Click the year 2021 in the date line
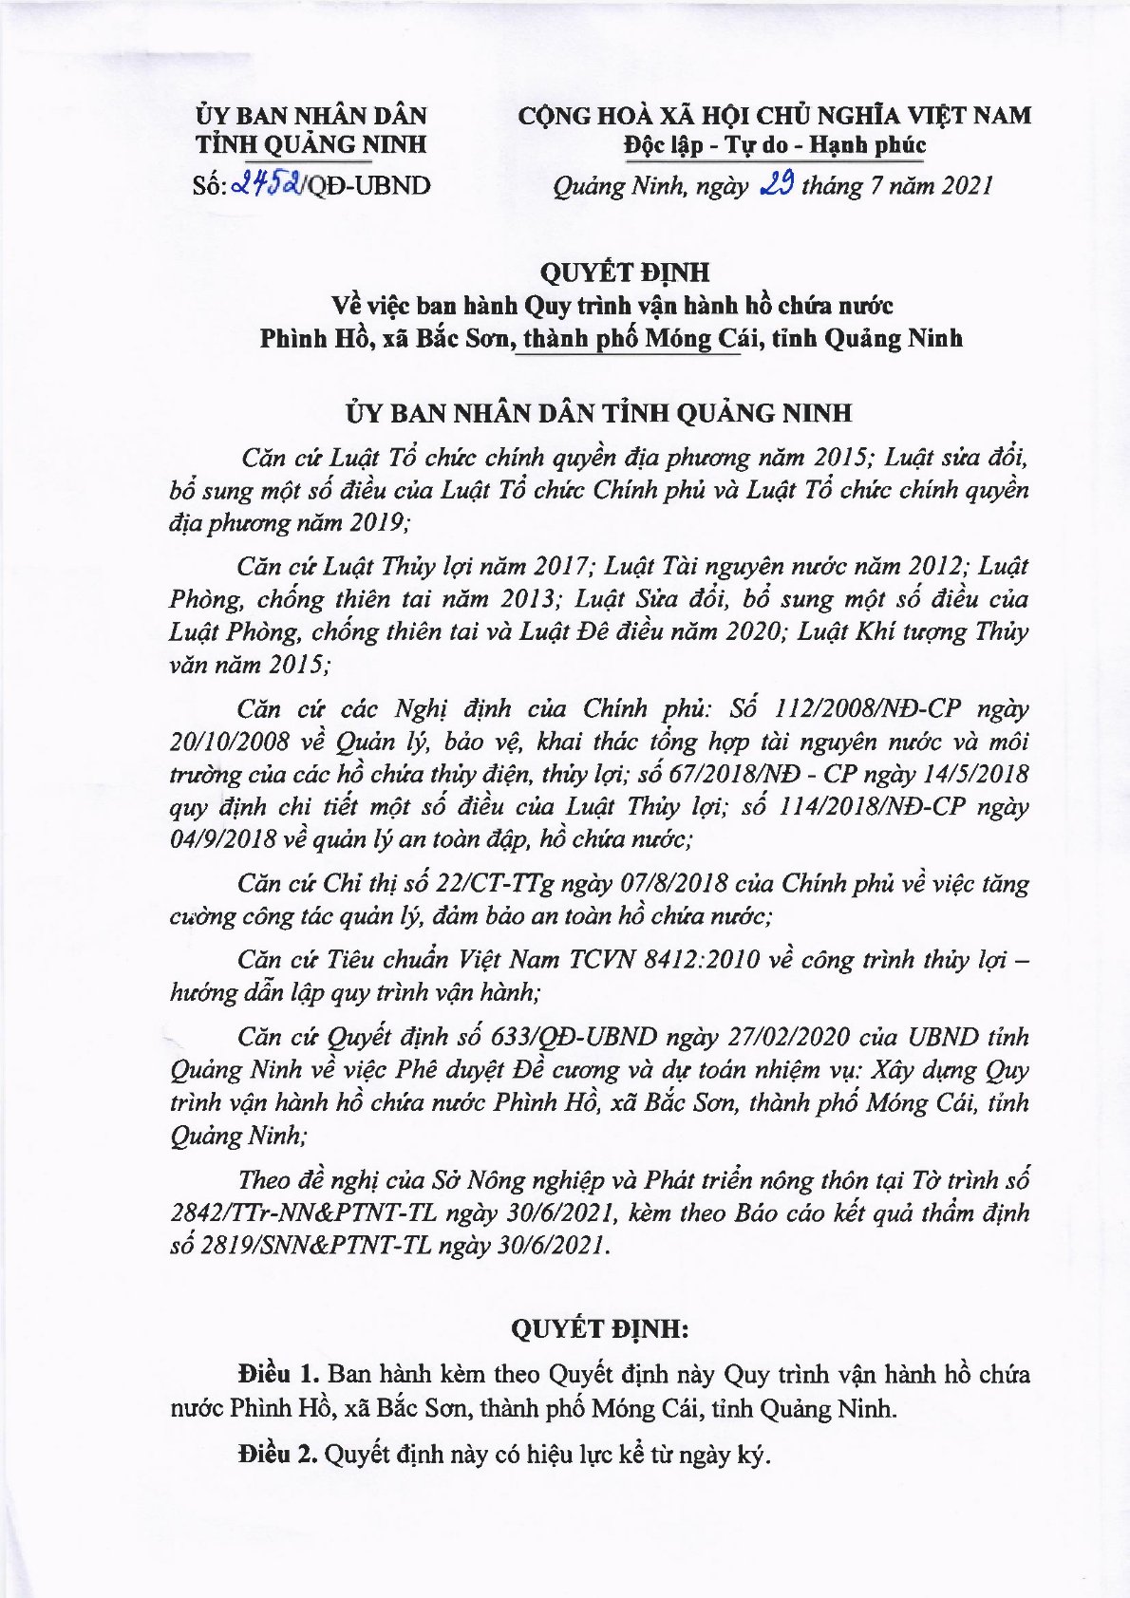pyautogui.click(x=967, y=185)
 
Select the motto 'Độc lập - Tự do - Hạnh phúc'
pyautogui.click(x=774, y=145)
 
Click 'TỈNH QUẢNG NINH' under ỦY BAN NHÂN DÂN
pyautogui.click(x=311, y=145)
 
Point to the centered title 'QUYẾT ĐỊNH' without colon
pyautogui.click(x=625, y=273)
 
